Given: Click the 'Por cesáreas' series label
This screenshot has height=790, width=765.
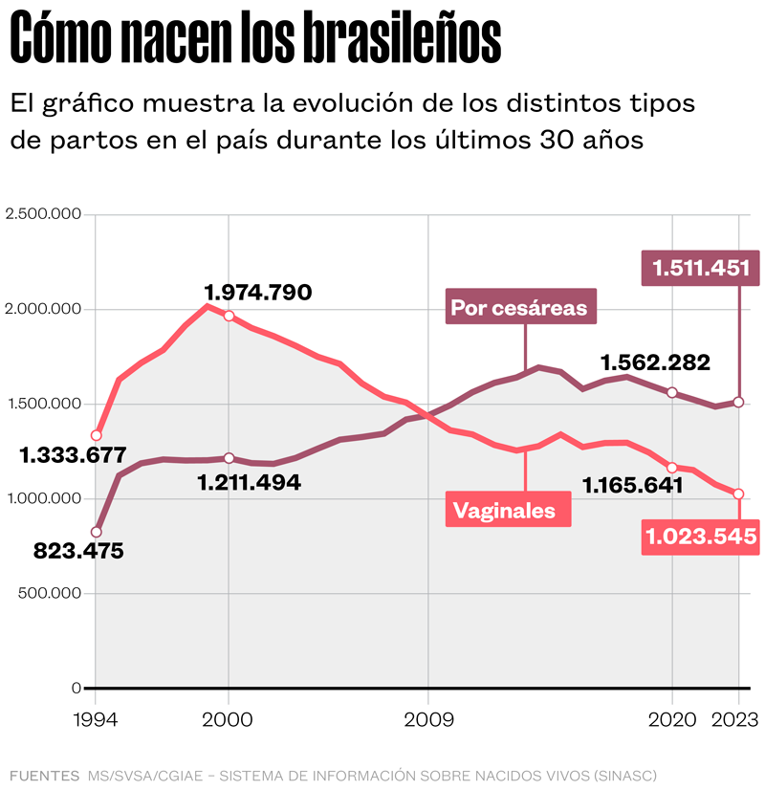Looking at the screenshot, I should point(518,308).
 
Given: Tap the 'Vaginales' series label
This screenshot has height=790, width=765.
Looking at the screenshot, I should point(504,510).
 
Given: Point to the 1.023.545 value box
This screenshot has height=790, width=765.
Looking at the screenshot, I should point(702,538).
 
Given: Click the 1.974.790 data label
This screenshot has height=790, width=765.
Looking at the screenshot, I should point(258,293).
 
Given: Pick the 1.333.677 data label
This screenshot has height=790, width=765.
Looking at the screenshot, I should point(73,456).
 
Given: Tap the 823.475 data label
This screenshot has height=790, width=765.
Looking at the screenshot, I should point(78,551).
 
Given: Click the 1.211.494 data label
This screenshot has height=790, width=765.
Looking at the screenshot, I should point(249,483).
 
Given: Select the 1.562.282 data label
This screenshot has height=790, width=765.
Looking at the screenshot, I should point(655,362).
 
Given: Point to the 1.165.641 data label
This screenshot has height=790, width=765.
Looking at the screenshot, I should point(632,485).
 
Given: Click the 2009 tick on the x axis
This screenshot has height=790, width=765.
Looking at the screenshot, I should point(427,719).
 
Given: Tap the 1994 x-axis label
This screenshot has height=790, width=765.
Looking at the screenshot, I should point(96,719).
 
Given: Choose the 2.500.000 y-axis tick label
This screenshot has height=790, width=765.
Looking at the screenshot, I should point(43,214).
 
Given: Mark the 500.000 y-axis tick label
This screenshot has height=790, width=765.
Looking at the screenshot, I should point(51,593).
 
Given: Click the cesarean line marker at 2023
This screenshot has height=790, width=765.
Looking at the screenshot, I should point(738,402).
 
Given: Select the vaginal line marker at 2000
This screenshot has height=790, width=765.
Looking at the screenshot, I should point(229,316).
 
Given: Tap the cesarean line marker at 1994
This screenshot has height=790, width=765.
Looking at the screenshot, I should point(96,532).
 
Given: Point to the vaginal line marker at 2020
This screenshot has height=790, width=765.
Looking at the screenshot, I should point(672,468).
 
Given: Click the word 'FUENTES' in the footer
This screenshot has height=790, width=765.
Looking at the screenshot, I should point(44,774).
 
